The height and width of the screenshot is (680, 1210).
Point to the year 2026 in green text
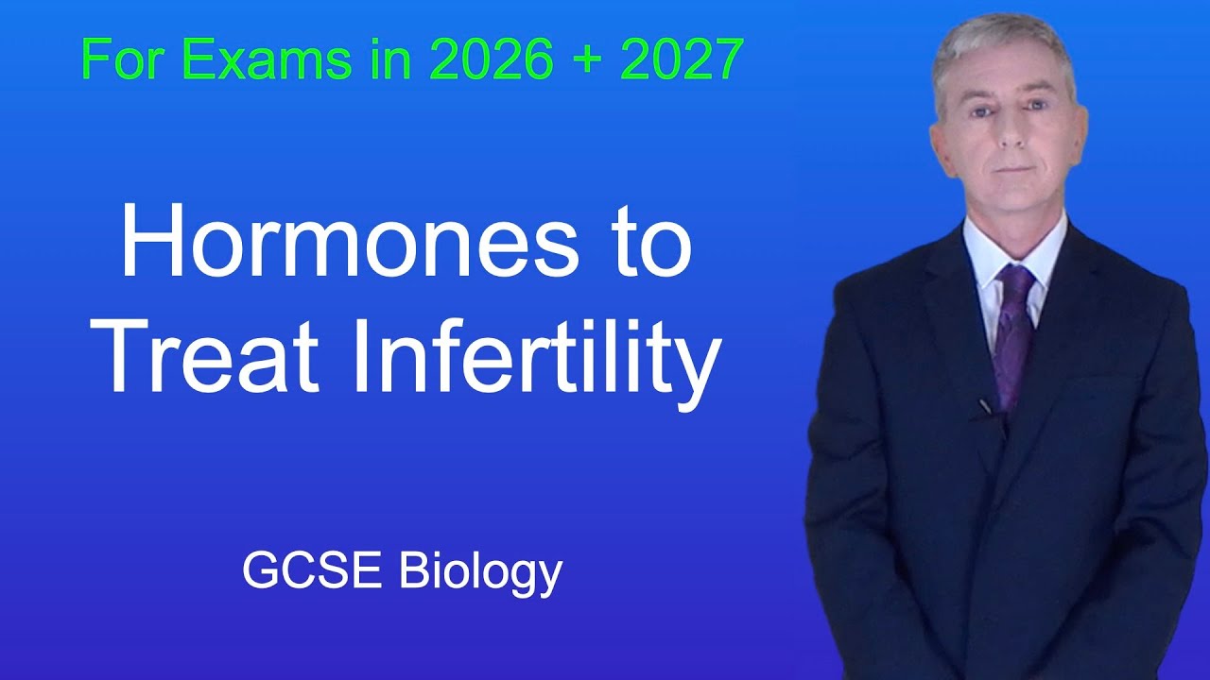pos(492,61)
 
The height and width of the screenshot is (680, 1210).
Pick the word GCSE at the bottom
pos(313,570)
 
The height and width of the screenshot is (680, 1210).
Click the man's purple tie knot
pos(1015,279)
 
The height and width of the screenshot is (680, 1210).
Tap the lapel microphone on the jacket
pos(986,407)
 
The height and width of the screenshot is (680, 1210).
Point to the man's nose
pos(1011,132)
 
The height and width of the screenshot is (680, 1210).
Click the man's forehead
pos(1008,80)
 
